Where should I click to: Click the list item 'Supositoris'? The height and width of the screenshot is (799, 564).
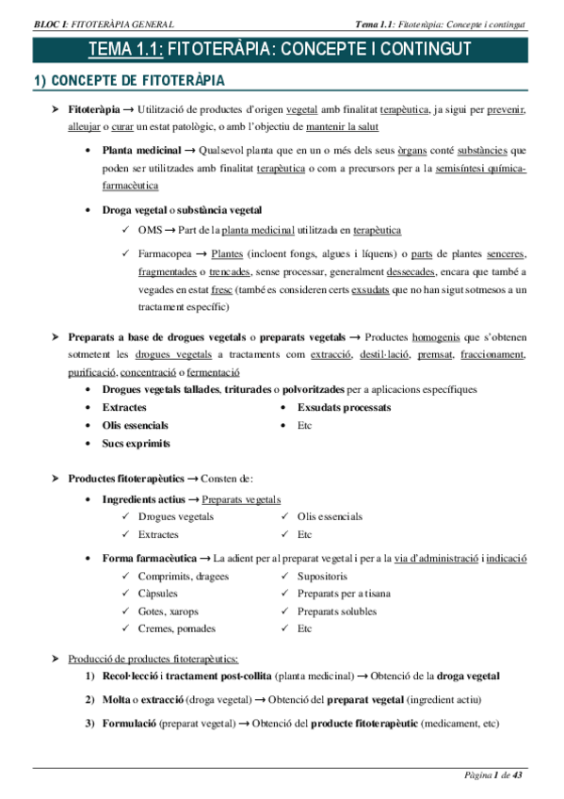click(x=322, y=576)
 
